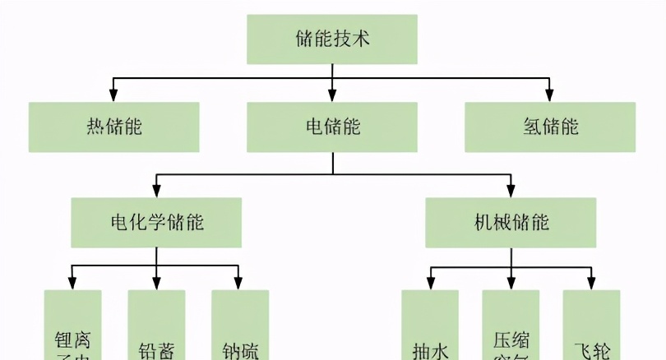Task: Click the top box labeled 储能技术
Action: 332,38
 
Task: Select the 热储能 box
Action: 113,127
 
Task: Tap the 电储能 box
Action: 332,127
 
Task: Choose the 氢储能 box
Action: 549,127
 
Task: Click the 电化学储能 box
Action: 156,223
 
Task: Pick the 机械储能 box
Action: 511,223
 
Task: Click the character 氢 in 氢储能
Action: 531,127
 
